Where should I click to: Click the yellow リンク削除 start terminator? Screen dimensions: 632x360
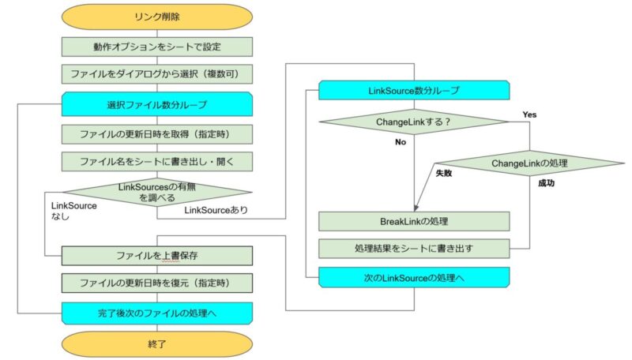[x=156, y=17]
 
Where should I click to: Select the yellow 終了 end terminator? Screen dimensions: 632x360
[x=156, y=344]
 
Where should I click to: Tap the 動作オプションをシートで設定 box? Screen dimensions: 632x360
[x=156, y=47]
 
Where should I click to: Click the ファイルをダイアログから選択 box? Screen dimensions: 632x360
[x=156, y=74]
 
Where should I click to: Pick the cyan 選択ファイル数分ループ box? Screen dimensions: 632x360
[x=156, y=104]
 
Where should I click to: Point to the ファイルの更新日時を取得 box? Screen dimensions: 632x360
[x=156, y=134]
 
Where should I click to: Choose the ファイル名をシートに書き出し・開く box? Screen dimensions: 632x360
[x=156, y=162]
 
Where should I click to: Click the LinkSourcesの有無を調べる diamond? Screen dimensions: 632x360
[x=156, y=192]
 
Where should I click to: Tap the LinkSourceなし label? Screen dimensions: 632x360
[x=73, y=211]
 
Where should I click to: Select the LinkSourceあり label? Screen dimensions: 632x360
[x=216, y=210]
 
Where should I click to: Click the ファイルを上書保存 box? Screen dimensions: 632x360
[x=156, y=256]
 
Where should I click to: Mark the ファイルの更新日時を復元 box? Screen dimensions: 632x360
[x=156, y=283]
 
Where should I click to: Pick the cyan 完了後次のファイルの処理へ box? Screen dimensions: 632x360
[x=156, y=313]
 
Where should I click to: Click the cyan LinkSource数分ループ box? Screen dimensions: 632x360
[x=414, y=90]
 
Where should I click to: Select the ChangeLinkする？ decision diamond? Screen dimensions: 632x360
[x=414, y=122]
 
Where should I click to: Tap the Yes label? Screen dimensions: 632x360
[x=529, y=114]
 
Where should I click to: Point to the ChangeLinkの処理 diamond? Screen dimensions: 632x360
[x=529, y=163]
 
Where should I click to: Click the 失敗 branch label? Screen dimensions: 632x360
[x=444, y=173]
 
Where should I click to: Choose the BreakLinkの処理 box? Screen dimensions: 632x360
[x=414, y=221]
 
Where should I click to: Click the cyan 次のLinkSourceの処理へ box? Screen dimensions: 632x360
[x=414, y=277]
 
